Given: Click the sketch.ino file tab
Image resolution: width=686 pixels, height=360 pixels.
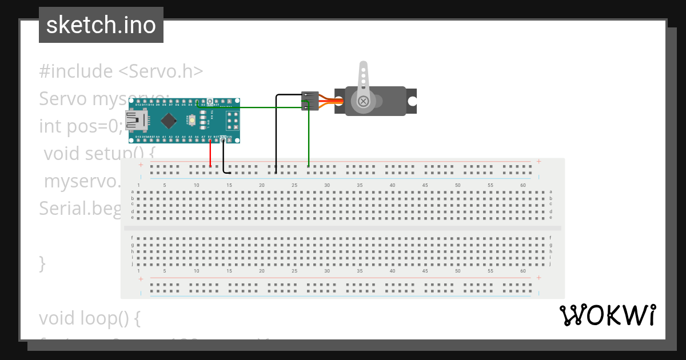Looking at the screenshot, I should pos(101,25).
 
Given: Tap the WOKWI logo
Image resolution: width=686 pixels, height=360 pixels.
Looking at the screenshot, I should pos(607,315).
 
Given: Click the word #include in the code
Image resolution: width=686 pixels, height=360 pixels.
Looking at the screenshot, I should pos(76,71).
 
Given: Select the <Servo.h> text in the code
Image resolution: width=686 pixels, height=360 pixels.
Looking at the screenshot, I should pos(161,71).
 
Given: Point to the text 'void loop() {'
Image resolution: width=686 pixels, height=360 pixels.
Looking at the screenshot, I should pos(89,318).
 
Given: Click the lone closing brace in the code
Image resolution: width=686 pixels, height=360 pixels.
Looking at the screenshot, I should pos(42,263).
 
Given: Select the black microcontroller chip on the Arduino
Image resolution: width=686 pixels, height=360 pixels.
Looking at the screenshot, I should pos(168,121).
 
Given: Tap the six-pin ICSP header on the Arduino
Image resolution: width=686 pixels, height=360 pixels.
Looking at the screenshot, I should pos(232,121).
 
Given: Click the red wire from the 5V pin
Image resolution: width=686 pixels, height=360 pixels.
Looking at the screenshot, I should pos(210,153).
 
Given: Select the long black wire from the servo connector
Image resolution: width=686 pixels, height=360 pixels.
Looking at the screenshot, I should pos(276,131).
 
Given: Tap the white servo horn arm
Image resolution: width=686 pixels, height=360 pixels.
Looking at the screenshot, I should pos(362,80).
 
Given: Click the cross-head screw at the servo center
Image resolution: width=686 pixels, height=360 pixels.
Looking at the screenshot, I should pos(363,101).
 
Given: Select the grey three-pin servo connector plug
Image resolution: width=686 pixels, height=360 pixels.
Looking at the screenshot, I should pos(310,101).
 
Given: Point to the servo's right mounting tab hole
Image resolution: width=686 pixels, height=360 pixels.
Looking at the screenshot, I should pos(412,101).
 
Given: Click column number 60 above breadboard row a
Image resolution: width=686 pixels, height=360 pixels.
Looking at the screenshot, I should pos(523,185).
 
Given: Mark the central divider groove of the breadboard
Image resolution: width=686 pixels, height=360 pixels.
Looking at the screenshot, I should pos(342,228).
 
